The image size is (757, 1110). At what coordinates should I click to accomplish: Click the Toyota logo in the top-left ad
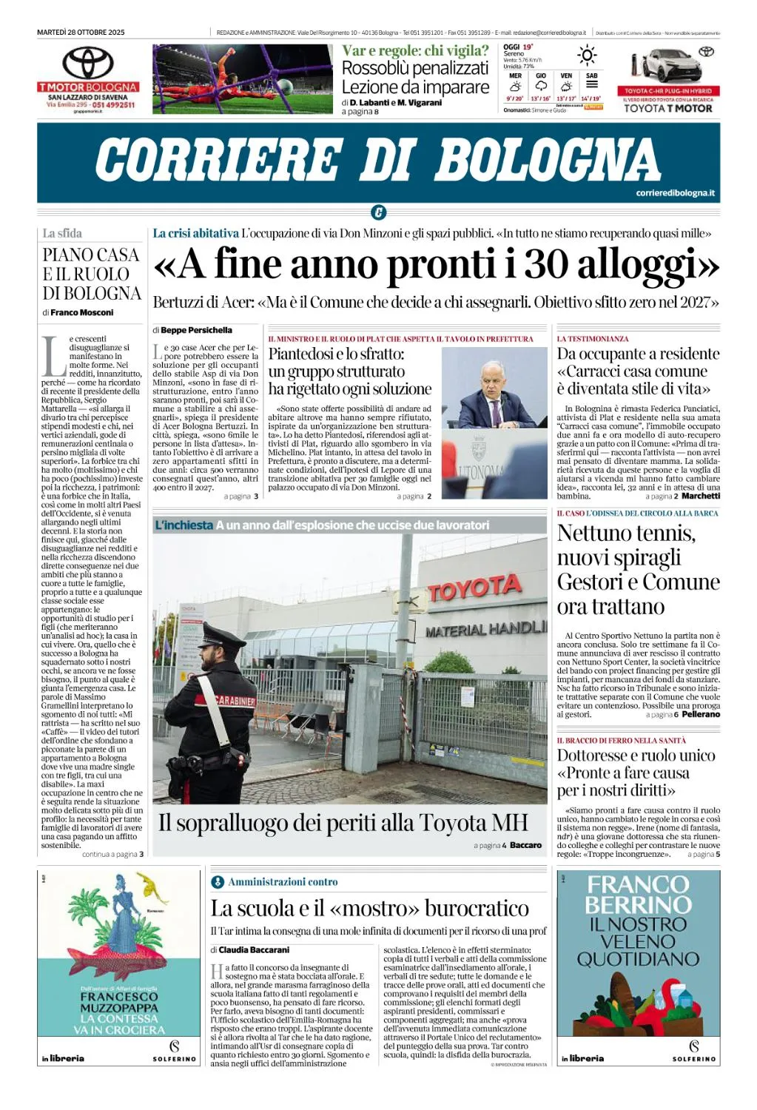(x=87, y=62)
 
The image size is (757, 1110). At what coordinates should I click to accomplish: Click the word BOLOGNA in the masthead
(x=548, y=161)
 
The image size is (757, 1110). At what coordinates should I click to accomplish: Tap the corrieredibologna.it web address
(x=675, y=193)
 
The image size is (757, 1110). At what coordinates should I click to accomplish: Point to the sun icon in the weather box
(x=588, y=55)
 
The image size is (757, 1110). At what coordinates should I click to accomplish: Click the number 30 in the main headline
(x=547, y=265)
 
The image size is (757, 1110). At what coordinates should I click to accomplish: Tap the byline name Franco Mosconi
(x=82, y=312)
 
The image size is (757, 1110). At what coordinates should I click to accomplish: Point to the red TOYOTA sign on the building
(x=474, y=588)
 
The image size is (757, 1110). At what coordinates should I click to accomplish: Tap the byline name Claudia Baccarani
(x=254, y=949)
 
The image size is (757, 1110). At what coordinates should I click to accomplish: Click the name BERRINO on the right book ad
(x=638, y=904)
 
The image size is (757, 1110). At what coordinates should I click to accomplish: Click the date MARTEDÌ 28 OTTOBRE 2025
(x=81, y=33)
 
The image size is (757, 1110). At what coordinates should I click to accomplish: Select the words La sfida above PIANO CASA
(x=62, y=233)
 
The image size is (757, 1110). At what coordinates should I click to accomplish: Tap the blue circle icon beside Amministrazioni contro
(x=218, y=882)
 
